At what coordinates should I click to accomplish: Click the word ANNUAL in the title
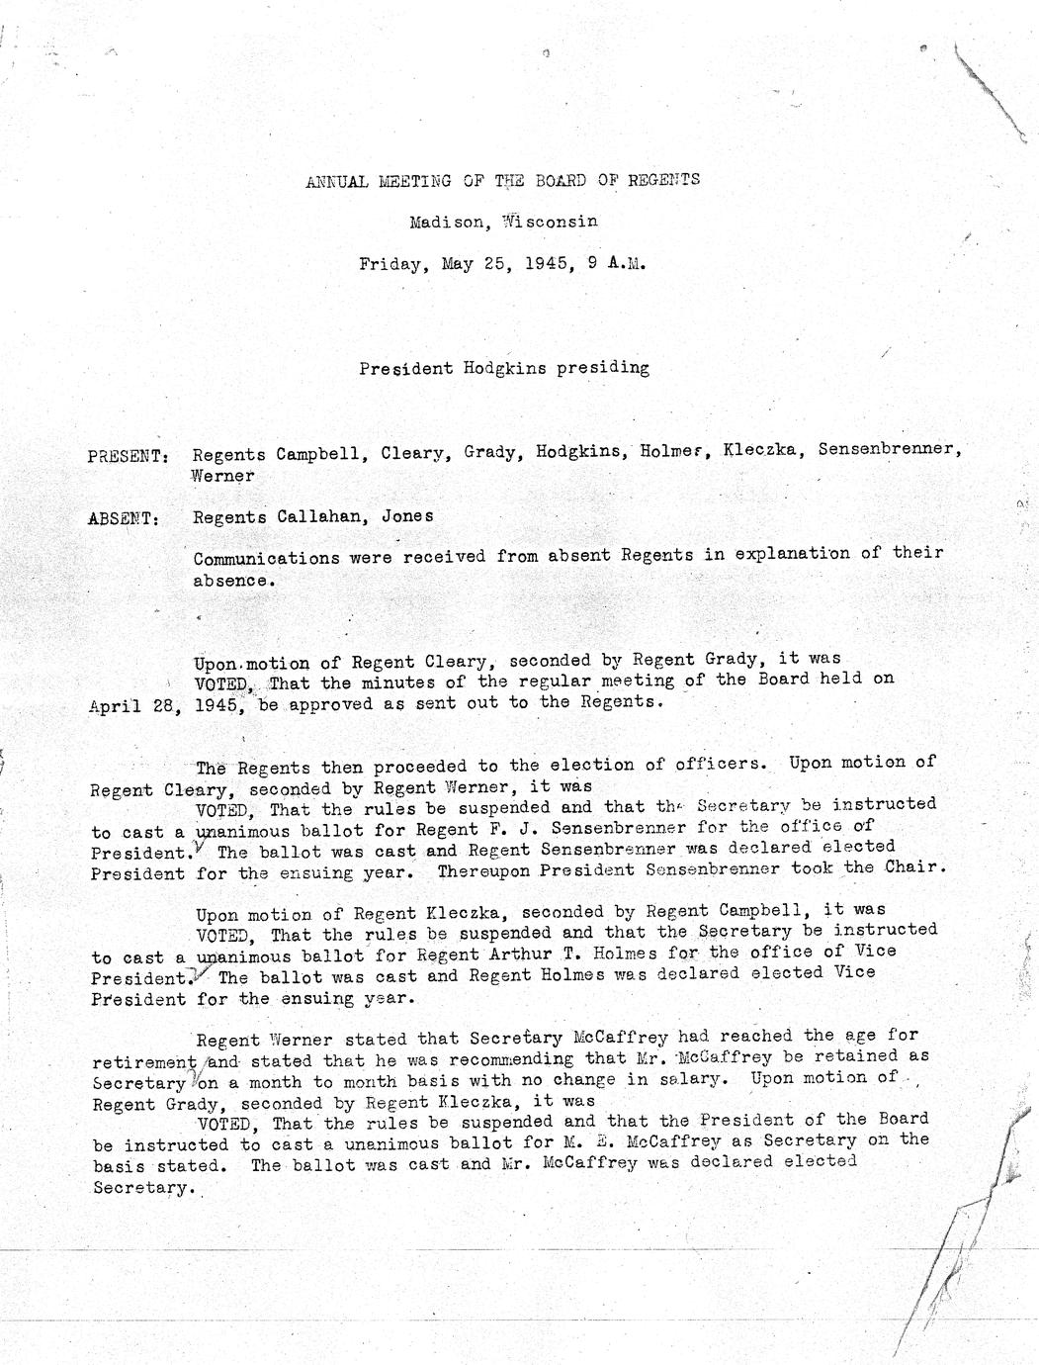(337, 181)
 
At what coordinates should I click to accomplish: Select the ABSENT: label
(124, 518)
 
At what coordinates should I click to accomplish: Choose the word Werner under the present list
(223, 476)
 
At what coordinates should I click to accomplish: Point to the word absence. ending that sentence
(230, 581)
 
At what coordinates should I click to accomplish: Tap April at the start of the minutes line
(117, 705)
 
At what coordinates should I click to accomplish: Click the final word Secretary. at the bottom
(139, 1188)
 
